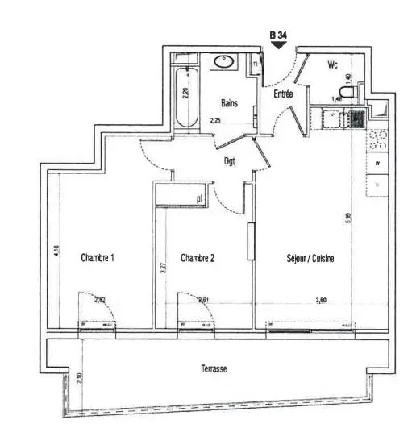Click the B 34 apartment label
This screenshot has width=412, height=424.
coord(278,35)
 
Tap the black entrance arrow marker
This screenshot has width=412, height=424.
coord(278,45)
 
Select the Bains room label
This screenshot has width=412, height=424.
coord(230,103)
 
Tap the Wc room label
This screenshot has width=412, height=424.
coord(332,65)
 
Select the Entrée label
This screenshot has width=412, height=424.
coord(283,94)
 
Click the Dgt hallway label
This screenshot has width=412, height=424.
coord(230,160)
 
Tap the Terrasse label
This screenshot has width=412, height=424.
coord(214,369)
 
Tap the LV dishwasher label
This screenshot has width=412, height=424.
coord(377,164)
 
